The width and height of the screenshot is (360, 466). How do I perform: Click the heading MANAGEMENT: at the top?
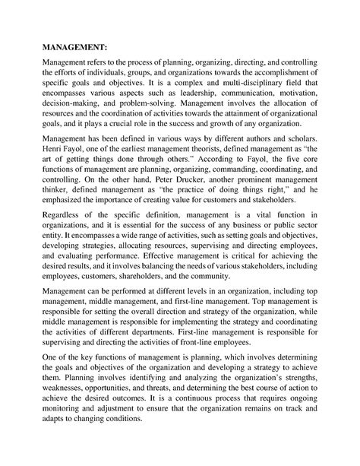(x=74, y=45)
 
